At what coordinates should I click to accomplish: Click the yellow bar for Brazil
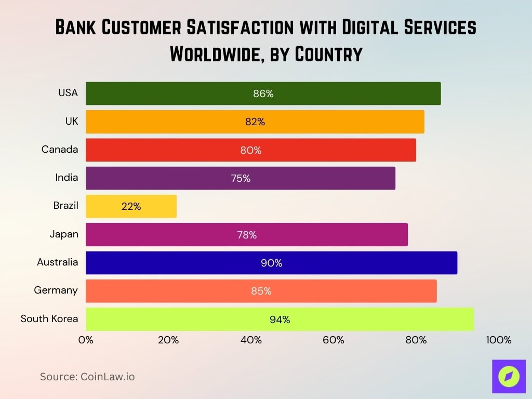pyautogui.click(x=131, y=206)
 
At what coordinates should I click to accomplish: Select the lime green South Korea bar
pyautogui.click(x=280, y=319)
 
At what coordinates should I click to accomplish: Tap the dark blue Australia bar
pyautogui.click(x=271, y=263)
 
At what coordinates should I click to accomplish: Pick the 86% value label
pyautogui.click(x=263, y=94)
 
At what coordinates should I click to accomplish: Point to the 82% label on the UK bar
pyautogui.click(x=255, y=122)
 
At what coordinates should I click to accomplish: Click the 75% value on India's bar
pyautogui.click(x=241, y=178)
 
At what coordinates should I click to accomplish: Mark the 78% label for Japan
pyautogui.click(x=247, y=235)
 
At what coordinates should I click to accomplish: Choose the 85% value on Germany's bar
pyautogui.click(x=261, y=291)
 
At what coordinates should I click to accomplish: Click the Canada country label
pyautogui.click(x=60, y=150)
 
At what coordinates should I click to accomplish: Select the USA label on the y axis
pyautogui.click(x=68, y=93)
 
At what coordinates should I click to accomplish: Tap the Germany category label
pyautogui.click(x=56, y=290)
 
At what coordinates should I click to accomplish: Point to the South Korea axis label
pyautogui.click(x=49, y=318)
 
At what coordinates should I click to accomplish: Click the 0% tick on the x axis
pyautogui.click(x=86, y=340)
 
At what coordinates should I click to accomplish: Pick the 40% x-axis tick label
pyautogui.click(x=251, y=340)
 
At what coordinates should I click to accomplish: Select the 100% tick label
pyautogui.click(x=499, y=340)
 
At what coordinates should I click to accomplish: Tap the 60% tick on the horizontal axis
pyautogui.click(x=334, y=340)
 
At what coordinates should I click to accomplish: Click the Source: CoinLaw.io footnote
pyautogui.click(x=87, y=377)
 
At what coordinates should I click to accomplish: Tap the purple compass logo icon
pyautogui.click(x=509, y=376)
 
